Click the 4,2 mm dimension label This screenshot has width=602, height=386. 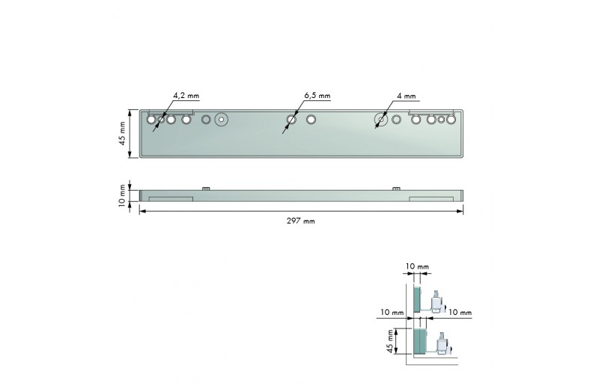click(x=186, y=96)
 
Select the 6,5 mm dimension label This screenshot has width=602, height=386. click(x=317, y=96)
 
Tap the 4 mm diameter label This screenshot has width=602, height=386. click(x=407, y=96)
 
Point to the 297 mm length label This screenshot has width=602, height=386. click(x=301, y=221)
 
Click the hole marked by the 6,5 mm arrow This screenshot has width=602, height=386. click(x=292, y=119)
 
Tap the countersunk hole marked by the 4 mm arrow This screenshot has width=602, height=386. click(x=381, y=119)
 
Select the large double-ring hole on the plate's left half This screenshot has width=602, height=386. click(x=220, y=119)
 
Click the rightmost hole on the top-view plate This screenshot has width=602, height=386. click(x=451, y=119)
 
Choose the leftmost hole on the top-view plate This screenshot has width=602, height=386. click(x=151, y=119)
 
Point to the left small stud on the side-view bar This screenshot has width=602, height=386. click(x=204, y=188)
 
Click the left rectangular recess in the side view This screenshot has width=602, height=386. click(x=171, y=199)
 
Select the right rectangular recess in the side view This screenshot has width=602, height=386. click(x=431, y=199)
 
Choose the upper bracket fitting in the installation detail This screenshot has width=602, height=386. click(x=436, y=300)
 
